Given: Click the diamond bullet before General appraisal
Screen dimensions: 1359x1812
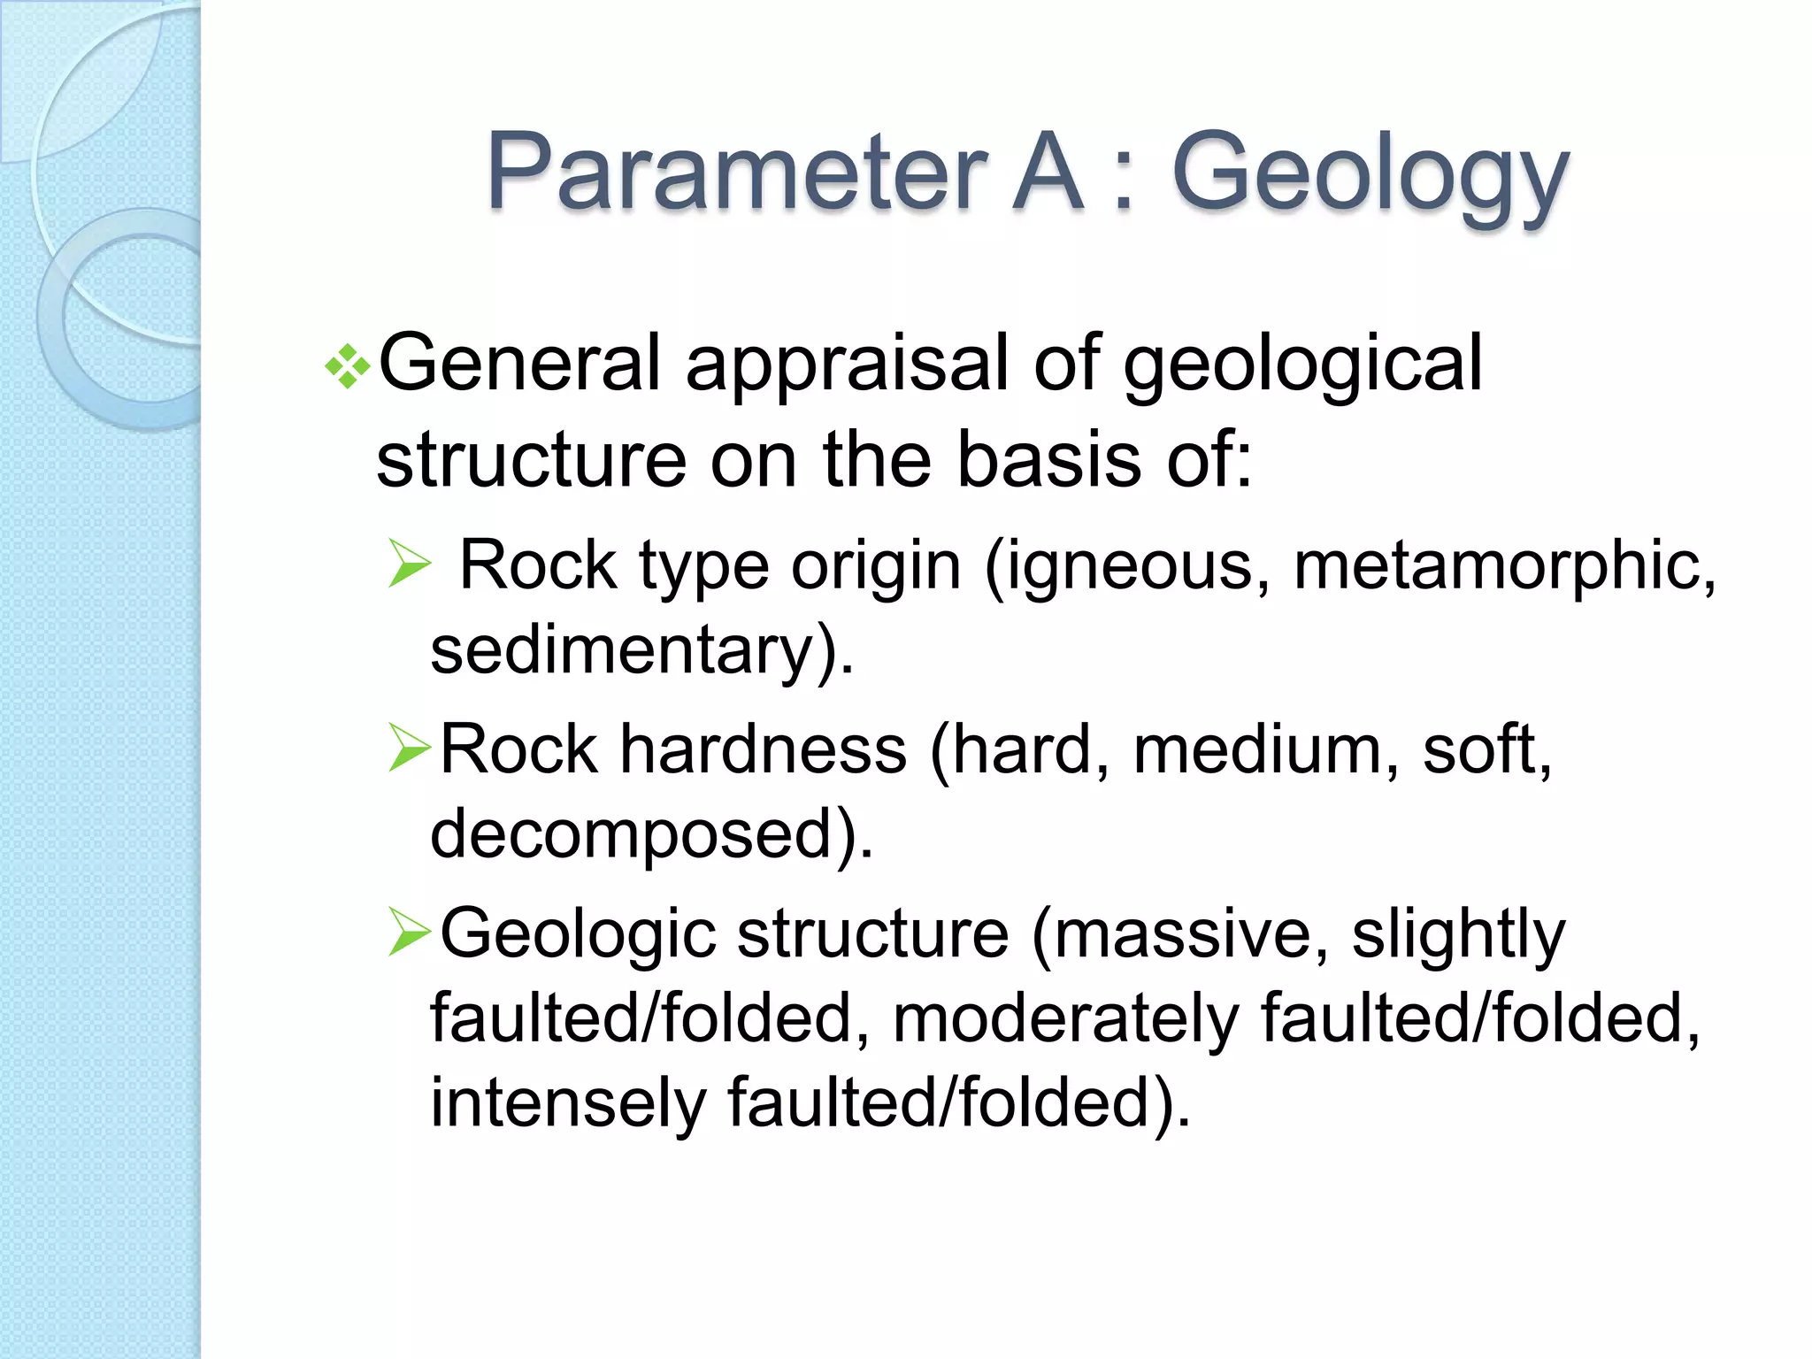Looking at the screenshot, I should tap(348, 365).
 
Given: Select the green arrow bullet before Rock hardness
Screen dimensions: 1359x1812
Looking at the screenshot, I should tap(410, 748).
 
